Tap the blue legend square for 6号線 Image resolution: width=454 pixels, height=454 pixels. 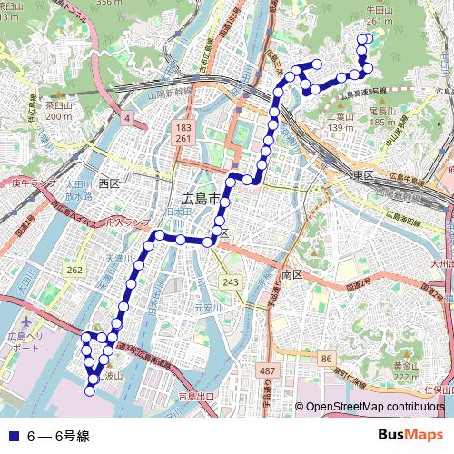10,436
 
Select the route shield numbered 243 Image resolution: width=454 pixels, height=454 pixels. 231,283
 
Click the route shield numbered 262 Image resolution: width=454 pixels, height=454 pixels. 74,271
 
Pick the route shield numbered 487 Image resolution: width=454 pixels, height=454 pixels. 267,372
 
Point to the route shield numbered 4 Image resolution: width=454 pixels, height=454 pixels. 128,119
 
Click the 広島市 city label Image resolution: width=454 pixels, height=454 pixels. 200,199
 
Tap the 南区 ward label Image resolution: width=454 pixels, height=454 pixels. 291,273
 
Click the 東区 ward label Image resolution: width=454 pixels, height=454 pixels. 364,174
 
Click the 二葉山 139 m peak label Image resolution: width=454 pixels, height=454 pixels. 340,122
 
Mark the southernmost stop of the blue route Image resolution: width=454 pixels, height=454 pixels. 90,391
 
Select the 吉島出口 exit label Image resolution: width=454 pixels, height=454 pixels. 195,397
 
